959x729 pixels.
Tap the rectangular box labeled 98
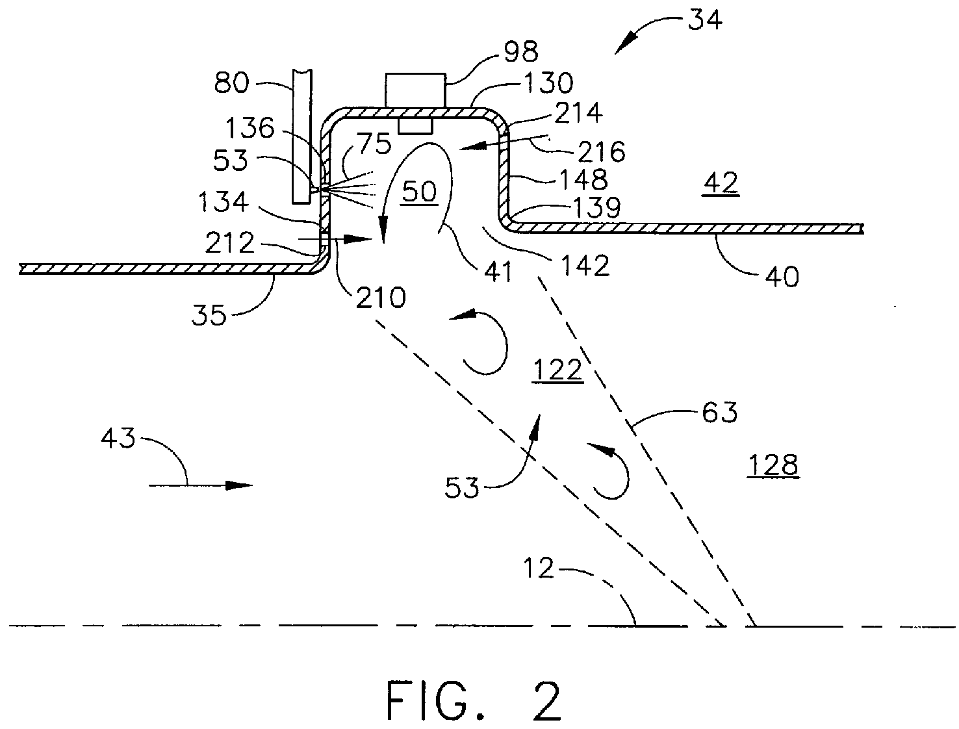click(x=415, y=90)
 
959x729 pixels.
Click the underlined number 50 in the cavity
click(x=420, y=193)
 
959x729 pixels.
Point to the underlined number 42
click(x=721, y=184)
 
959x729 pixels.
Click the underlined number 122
click(x=557, y=370)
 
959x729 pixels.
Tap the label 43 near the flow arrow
click(x=118, y=439)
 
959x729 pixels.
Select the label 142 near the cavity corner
click(x=587, y=266)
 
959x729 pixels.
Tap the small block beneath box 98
click(x=416, y=125)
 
